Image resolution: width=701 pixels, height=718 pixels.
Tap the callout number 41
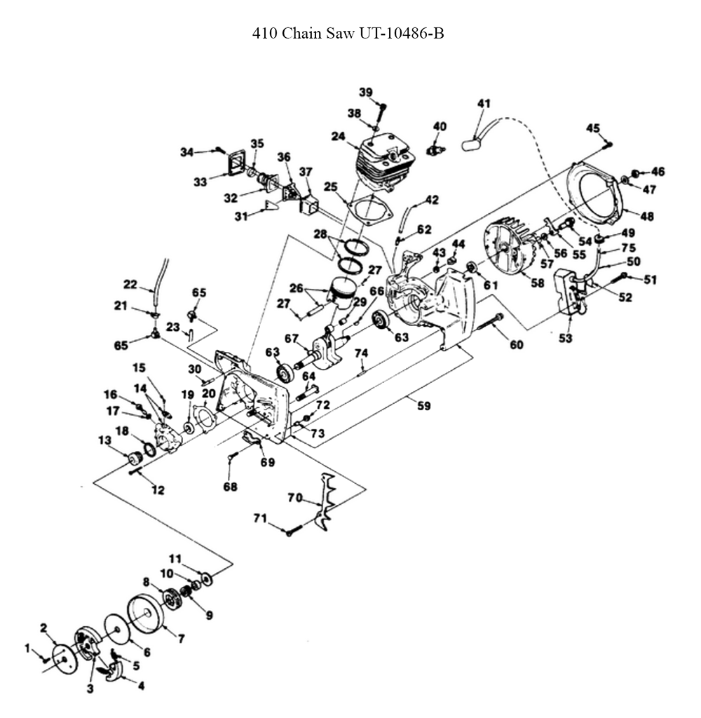click(x=483, y=104)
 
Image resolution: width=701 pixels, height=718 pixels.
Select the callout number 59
click(x=423, y=405)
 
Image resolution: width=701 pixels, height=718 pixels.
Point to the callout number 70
click(x=295, y=499)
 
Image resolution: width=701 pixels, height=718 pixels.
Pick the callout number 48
click(x=646, y=217)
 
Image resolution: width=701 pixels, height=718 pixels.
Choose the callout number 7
click(x=181, y=639)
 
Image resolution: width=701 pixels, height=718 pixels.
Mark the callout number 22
click(x=130, y=285)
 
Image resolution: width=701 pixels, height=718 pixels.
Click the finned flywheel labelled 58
click(x=509, y=252)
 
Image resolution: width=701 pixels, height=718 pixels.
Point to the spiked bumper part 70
click(x=329, y=501)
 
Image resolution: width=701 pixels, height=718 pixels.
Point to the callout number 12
click(x=158, y=490)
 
